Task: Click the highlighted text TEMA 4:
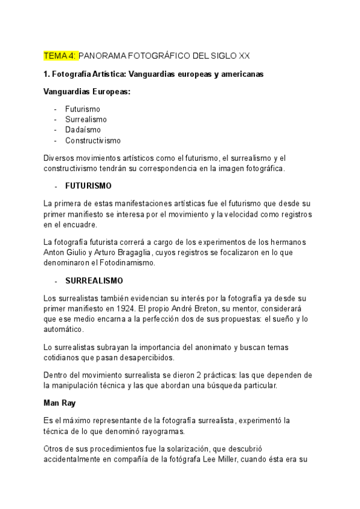click(x=61, y=56)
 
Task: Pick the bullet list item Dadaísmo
click(x=83, y=130)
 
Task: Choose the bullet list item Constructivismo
click(x=93, y=140)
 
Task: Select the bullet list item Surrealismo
click(x=86, y=119)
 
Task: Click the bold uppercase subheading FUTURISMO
click(x=88, y=185)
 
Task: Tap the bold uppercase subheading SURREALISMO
click(x=94, y=280)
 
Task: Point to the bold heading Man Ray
click(x=59, y=403)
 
